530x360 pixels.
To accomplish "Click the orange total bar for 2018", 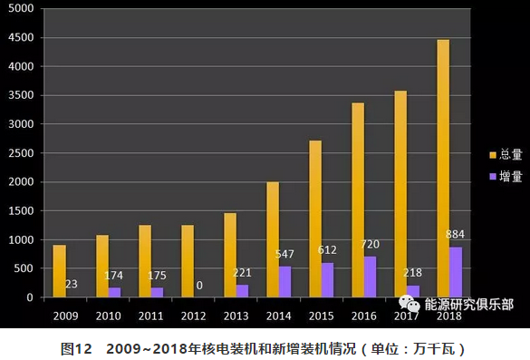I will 443,169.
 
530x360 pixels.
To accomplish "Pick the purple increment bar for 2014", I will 284,282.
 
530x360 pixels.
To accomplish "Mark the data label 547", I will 284,256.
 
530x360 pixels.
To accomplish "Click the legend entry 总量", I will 505,154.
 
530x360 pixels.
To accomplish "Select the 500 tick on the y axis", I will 27,268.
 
